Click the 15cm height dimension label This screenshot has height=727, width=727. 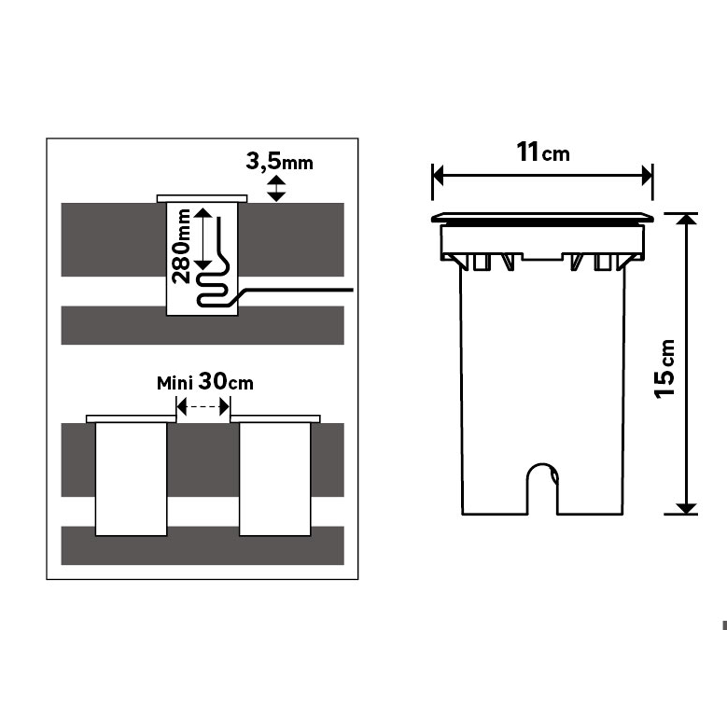click(x=664, y=369)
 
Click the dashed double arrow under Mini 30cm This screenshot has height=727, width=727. click(x=203, y=407)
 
